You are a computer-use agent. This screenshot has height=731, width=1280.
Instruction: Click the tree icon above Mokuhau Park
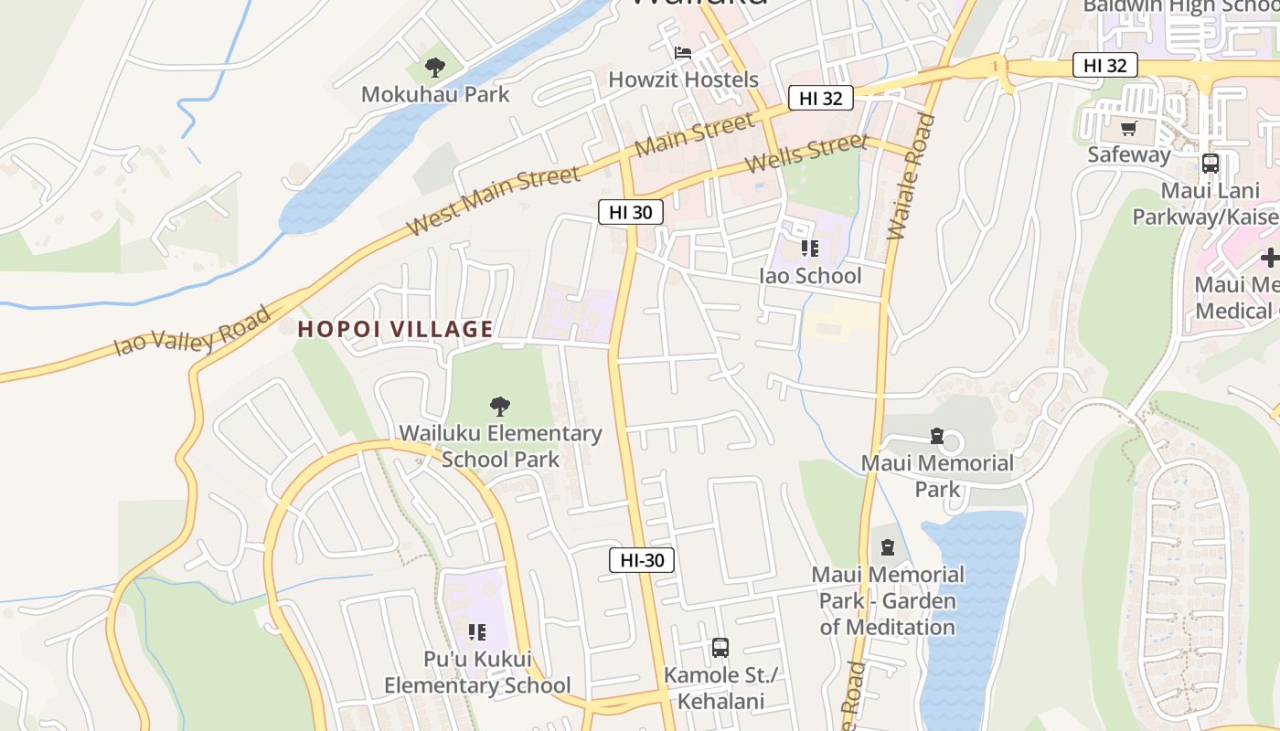click(x=435, y=67)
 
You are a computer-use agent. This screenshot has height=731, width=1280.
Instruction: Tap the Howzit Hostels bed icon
click(x=683, y=53)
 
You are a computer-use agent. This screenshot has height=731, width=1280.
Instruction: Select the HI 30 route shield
click(x=631, y=212)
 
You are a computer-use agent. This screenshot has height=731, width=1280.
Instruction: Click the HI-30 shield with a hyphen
click(x=642, y=560)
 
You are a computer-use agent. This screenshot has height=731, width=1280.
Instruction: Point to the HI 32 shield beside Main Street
click(x=820, y=98)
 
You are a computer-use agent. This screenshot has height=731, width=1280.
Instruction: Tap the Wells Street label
click(x=805, y=153)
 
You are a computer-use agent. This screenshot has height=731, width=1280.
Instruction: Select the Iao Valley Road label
click(x=193, y=332)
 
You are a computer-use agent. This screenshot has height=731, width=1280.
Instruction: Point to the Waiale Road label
click(x=912, y=177)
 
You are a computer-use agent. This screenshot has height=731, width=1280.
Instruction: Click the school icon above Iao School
click(x=809, y=248)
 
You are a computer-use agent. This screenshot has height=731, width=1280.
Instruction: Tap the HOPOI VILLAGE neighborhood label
click(x=395, y=329)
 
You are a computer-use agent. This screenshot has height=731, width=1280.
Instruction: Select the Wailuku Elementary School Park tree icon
click(x=500, y=406)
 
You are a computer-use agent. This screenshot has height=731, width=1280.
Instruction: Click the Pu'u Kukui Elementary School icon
click(x=476, y=631)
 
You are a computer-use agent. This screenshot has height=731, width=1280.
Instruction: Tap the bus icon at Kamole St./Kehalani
click(x=720, y=648)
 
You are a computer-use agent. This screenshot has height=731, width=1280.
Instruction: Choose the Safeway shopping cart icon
click(x=1129, y=128)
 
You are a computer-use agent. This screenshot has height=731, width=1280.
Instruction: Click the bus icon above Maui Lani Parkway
click(x=1211, y=164)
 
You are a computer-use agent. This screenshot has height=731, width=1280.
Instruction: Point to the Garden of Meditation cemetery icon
click(x=887, y=547)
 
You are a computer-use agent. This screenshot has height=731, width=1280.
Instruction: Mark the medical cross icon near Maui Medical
click(x=1269, y=258)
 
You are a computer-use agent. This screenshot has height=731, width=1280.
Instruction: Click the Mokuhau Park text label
click(x=435, y=94)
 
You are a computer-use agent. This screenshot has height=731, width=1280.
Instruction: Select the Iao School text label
click(x=810, y=275)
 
